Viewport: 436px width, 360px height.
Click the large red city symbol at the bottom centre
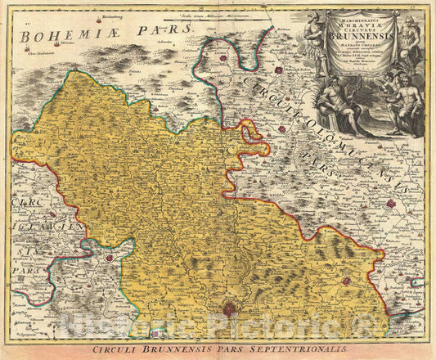(x=231, y=308)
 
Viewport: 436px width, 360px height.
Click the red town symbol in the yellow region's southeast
(x=346, y=281)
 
